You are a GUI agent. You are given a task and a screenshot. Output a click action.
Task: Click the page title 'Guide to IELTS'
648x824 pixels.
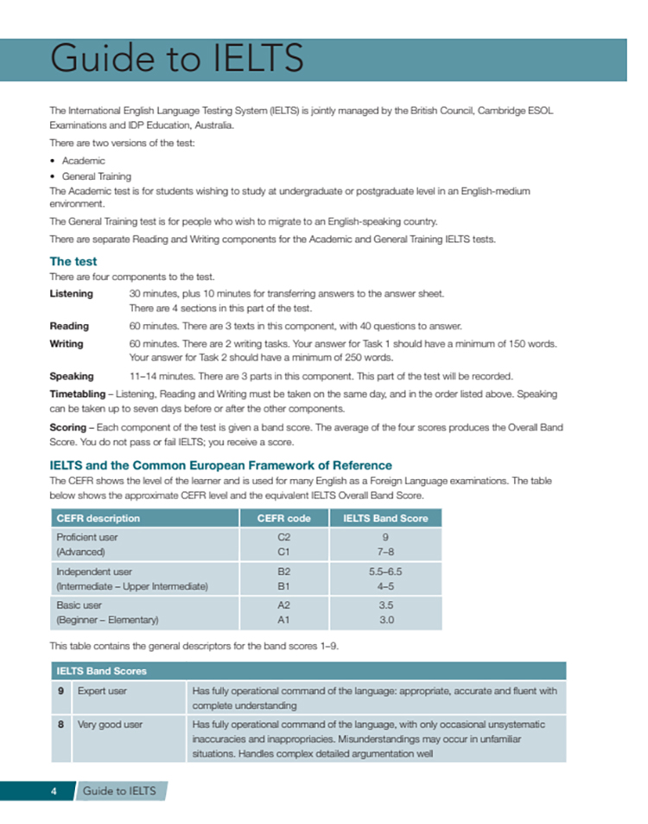(x=177, y=60)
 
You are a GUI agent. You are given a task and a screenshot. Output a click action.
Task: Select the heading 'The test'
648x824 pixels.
(x=73, y=261)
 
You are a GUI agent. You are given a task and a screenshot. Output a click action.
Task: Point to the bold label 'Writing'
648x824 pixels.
(x=67, y=343)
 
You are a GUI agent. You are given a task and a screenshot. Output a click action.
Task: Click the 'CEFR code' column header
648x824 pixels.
(x=283, y=518)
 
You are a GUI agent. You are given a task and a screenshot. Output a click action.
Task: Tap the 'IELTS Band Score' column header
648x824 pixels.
(x=385, y=518)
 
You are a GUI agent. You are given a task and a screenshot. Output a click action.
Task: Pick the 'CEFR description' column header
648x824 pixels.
(x=98, y=518)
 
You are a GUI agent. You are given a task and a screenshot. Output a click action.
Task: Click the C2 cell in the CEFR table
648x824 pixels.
(x=283, y=537)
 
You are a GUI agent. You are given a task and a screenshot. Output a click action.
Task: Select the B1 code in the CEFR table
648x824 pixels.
(x=283, y=586)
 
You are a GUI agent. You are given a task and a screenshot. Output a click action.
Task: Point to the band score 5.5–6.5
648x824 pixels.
(x=385, y=572)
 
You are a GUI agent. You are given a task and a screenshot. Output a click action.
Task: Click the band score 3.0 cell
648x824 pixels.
(x=385, y=620)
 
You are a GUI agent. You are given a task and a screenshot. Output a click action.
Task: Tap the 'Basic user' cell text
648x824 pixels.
(x=79, y=605)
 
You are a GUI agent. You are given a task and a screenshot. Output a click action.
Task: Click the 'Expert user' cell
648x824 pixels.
(x=102, y=691)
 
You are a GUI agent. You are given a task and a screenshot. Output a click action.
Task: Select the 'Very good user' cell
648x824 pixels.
(x=110, y=725)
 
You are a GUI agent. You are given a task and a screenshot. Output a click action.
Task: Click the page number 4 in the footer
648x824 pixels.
(x=54, y=790)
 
